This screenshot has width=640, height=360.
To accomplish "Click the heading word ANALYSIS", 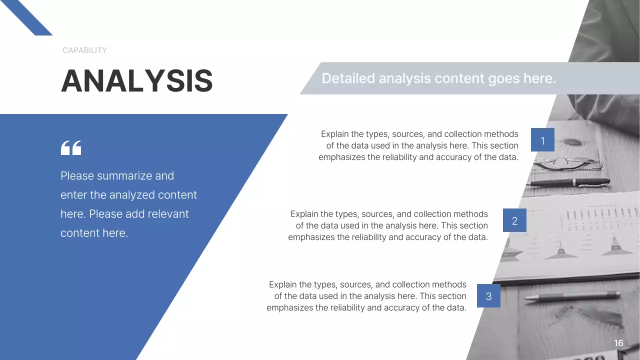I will pos(136,81).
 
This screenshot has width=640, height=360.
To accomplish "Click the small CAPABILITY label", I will pos(84,50).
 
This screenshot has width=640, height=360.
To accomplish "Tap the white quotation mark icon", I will pos(70,148).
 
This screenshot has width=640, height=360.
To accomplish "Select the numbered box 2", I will pos(514,220).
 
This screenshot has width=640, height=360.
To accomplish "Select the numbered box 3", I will pos(488,296).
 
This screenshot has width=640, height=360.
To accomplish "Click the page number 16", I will pos(618,343).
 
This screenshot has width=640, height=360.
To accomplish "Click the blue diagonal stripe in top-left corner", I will pos(27,17).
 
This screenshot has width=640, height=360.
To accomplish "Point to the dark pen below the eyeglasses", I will pos(570,183).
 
